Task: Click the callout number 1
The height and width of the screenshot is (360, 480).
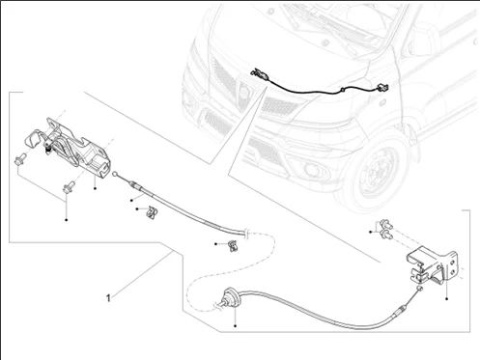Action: (x=108, y=298)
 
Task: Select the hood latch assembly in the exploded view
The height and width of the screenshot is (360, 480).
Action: (x=70, y=147)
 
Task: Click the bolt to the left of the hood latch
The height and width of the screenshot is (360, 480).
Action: (x=20, y=159)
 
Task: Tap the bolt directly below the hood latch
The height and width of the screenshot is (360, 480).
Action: (x=70, y=187)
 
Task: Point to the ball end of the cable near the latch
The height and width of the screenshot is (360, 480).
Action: (x=115, y=174)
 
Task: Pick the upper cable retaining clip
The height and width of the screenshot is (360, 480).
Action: (x=152, y=211)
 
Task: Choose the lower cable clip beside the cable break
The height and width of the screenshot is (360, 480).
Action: (x=233, y=245)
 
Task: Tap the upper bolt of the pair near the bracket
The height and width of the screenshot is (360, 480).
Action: (x=385, y=224)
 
